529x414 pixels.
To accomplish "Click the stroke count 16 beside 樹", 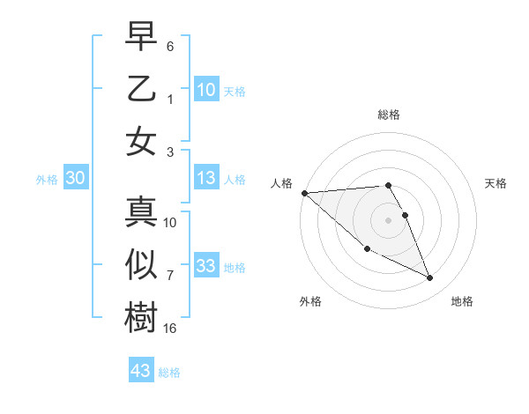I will (170, 328).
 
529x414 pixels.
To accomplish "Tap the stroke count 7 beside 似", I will (170, 276).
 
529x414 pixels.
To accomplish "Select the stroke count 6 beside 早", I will (170, 46).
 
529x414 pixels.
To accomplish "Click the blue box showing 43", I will (141, 371).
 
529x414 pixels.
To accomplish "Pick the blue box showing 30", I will (75, 179).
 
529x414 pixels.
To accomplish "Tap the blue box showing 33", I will (206, 266).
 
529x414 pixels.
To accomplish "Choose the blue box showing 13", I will (206, 179).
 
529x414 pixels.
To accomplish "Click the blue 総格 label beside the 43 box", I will (169, 373).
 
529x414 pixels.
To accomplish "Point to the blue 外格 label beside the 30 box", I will (47, 180).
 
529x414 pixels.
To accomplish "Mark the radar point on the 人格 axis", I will (304, 193).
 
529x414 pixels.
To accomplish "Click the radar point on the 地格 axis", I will (430, 278).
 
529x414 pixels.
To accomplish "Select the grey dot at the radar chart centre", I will (388, 219).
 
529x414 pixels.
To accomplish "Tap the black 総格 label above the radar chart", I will (388, 115).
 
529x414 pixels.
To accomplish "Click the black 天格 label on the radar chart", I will (496, 183).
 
